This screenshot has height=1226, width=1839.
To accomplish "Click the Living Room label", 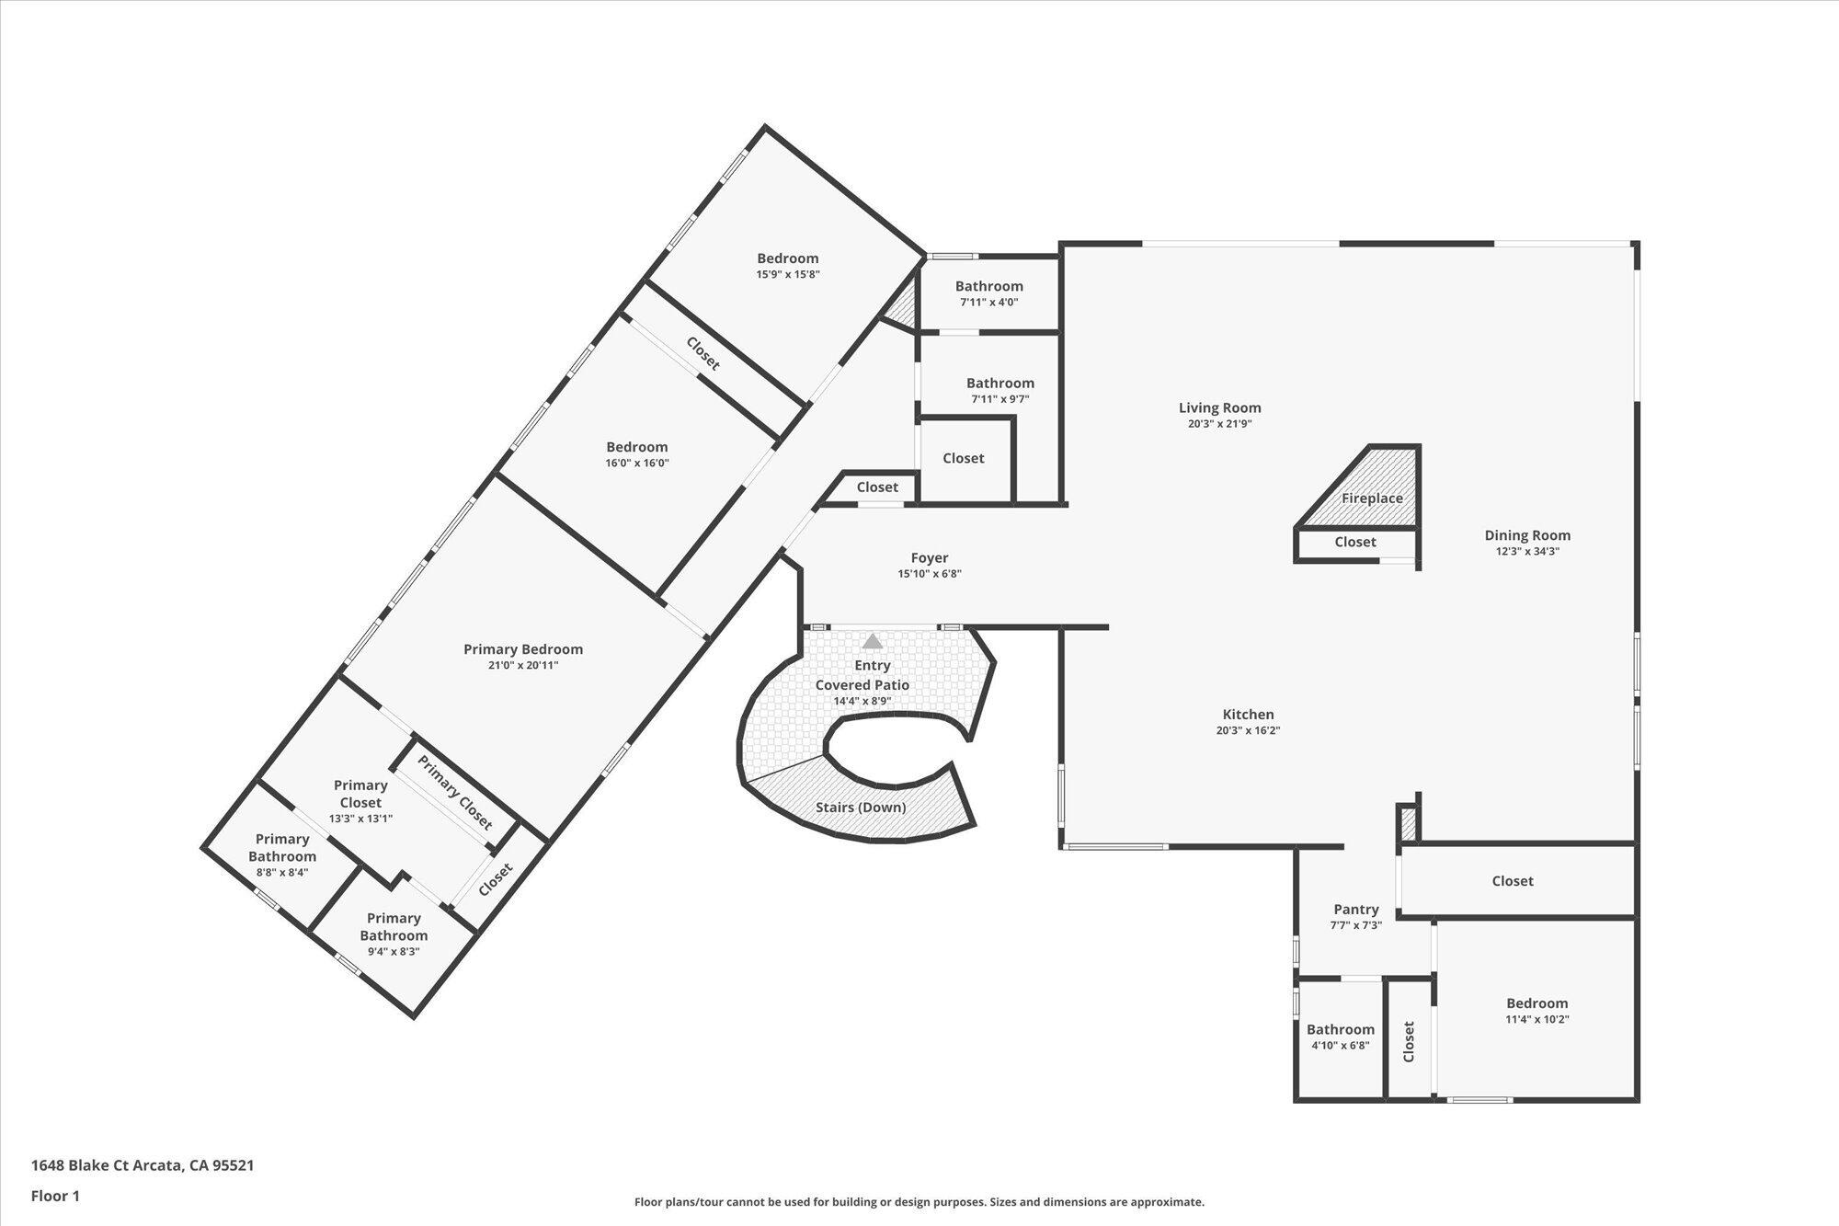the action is pyautogui.click(x=1220, y=407).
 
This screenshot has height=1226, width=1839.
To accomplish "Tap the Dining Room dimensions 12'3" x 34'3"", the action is pyautogui.click(x=1527, y=552).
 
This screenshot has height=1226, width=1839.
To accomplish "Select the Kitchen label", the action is pyautogui.click(x=1248, y=714).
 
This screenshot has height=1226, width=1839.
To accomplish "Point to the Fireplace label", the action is pyautogui.click(x=1372, y=498).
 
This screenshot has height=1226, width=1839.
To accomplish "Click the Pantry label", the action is pyautogui.click(x=1356, y=909).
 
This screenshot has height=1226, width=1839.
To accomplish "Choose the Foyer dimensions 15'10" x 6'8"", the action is pyautogui.click(x=930, y=574).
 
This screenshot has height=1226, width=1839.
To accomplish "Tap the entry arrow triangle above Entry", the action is pyautogui.click(x=873, y=641).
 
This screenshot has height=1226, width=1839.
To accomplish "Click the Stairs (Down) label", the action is pyautogui.click(x=861, y=808).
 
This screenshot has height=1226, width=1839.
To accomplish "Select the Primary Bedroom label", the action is pyautogui.click(x=523, y=649).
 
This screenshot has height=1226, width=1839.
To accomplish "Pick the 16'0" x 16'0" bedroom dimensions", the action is pyautogui.click(x=637, y=464).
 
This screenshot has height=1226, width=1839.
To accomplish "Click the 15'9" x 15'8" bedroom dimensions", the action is pyautogui.click(x=788, y=274).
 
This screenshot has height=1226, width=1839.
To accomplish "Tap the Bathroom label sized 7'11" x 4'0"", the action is pyautogui.click(x=989, y=286).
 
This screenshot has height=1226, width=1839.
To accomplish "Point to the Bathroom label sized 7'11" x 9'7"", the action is pyautogui.click(x=1000, y=383).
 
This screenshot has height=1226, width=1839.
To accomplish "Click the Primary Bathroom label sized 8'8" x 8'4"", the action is pyautogui.click(x=282, y=847).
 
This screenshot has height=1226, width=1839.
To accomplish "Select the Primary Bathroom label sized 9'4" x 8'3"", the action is pyautogui.click(x=394, y=926).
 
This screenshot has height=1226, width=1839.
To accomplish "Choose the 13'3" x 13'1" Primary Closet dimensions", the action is pyautogui.click(x=361, y=819).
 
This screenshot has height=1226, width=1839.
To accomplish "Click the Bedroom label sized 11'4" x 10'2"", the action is pyautogui.click(x=1537, y=1003).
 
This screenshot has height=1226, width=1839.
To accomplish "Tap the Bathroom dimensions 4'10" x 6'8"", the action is pyautogui.click(x=1341, y=1046).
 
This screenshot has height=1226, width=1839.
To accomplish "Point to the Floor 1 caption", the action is pyautogui.click(x=55, y=1197).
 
